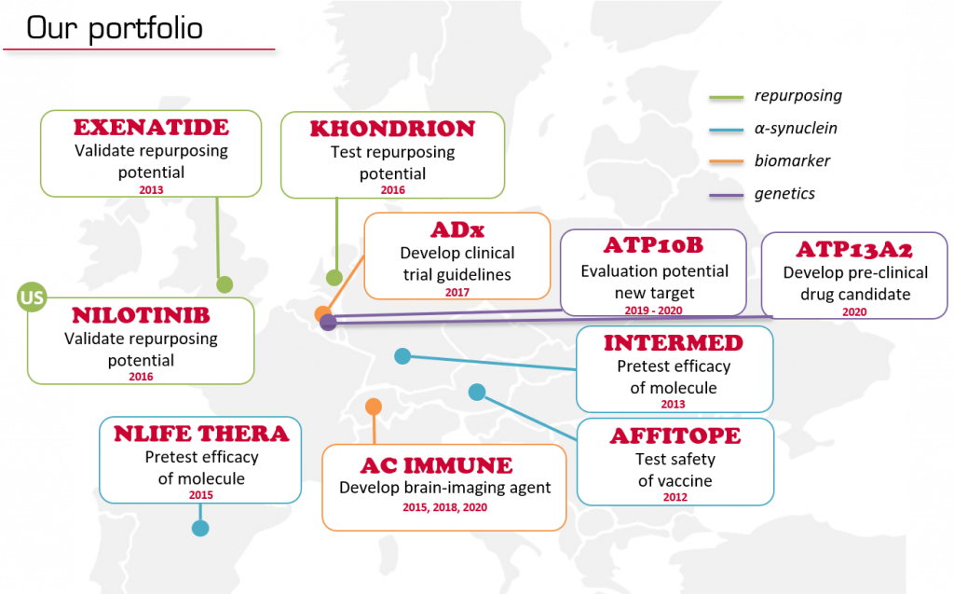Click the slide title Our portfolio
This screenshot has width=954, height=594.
[x=115, y=29]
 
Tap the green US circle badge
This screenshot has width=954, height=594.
[x=32, y=297]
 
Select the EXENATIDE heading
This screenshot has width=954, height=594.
[x=152, y=128]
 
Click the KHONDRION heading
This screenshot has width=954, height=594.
[x=392, y=129]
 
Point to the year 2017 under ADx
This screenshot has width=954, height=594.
[x=457, y=293]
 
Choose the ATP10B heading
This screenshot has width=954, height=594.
[x=653, y=245]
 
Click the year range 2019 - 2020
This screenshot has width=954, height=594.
[x=653, y=311]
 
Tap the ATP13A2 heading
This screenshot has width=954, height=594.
[x=854, y=250]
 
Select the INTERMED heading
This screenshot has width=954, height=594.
[x=674, y=343]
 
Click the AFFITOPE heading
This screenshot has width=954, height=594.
[x=675, y=436]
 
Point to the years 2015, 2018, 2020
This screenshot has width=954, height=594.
[x=444, y=507]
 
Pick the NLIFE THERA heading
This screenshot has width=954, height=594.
[x=201, y=434]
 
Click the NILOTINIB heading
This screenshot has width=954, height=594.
[x=142, y=315]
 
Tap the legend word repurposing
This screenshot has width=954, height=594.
[x=798, y=96]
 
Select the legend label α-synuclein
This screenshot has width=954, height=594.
[x=796, y=128]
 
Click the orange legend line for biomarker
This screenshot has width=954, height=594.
[x=727, y=161]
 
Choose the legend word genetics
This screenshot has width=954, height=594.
[x=784, y=194]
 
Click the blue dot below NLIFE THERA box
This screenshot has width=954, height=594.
[x=200, y=528]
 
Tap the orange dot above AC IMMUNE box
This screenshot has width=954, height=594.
[x=374, y=407]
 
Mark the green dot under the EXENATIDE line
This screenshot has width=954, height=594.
[x=225, y=284]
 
